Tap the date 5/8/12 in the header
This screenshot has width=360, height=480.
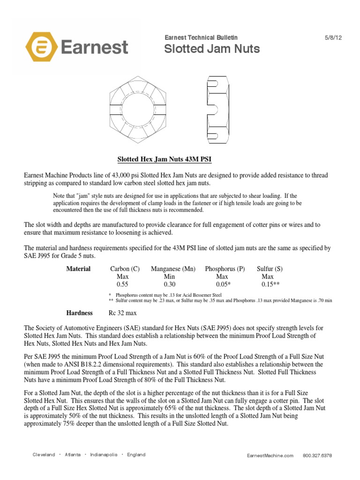click(x=333, y=37)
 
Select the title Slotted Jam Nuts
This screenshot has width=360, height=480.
click(x=212, y=49)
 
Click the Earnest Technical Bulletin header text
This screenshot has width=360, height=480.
click(x=201, y=37)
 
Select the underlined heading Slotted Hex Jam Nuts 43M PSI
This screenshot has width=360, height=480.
click(x=164, y=160)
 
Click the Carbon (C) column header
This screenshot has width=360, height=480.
click(x=125, y=269)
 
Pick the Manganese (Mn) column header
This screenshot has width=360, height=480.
click(x=172, y=269)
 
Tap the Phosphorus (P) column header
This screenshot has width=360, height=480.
click(x=225, y=269)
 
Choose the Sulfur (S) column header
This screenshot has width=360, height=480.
click(x=270, y=269)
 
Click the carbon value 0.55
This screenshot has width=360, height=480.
click(x=122, y=284)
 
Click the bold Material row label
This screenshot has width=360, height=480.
click(x=78, y=269)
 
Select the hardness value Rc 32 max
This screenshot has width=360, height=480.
click(x=123, y=313)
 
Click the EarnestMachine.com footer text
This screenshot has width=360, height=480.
click(x=270, y=455)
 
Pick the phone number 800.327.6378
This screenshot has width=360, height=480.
click(x=317, y=455)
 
